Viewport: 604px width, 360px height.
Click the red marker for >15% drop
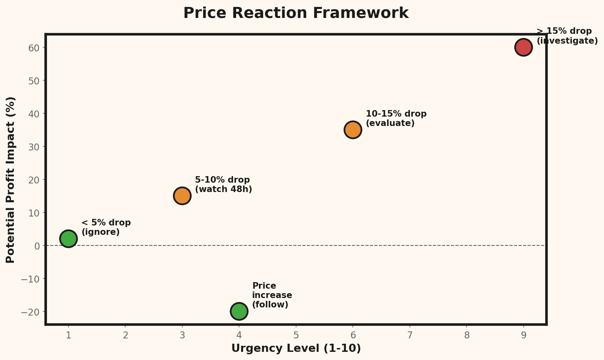pyautogui.click(x=523, y=47)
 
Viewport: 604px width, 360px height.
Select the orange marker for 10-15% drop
pyautogui.click(x=353, y=130)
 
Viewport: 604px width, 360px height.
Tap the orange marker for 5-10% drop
pyautogui.click(x=182, y=196)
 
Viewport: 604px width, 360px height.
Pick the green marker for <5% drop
pyautogui.click(x=68, y=239)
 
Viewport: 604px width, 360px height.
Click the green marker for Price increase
pyautogui.click(x=239, y=311)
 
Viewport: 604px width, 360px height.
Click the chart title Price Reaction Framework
pyautogui.click(x=296, y=13)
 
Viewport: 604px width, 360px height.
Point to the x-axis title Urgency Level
pyautogui.click(x=296, y=349)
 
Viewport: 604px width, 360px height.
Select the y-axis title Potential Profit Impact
pyautogui.click(x=11, y=180)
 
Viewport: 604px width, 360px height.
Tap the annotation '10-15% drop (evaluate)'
pyautogui.click(x=396, y=119)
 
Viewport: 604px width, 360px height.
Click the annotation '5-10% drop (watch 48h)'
pyautogui.click(x=223, y=185)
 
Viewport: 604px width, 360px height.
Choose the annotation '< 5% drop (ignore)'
pyautogui.click(x=106, y=227)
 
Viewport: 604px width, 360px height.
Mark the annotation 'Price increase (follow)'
pyautogui.click(x=272, y=295)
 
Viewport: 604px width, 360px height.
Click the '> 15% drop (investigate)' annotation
pyautogui.click(x=566, y=36)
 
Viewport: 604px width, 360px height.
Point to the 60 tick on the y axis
pyautogui.click(x=34, y=48)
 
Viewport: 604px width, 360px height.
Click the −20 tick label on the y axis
pyautogui.click(x=32, y=312)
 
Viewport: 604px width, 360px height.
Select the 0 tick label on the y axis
pyautogui.click(x=37, y=246)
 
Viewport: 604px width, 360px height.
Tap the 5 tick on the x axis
pyautogui.click(x=296, y=335)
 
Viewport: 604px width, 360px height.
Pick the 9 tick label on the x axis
pyautogui.click(x=523, y=335)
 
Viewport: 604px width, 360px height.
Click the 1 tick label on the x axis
pyautogui.click(x=69, y=335)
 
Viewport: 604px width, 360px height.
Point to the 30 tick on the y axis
pyautogui.click(x=34, y=147)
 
